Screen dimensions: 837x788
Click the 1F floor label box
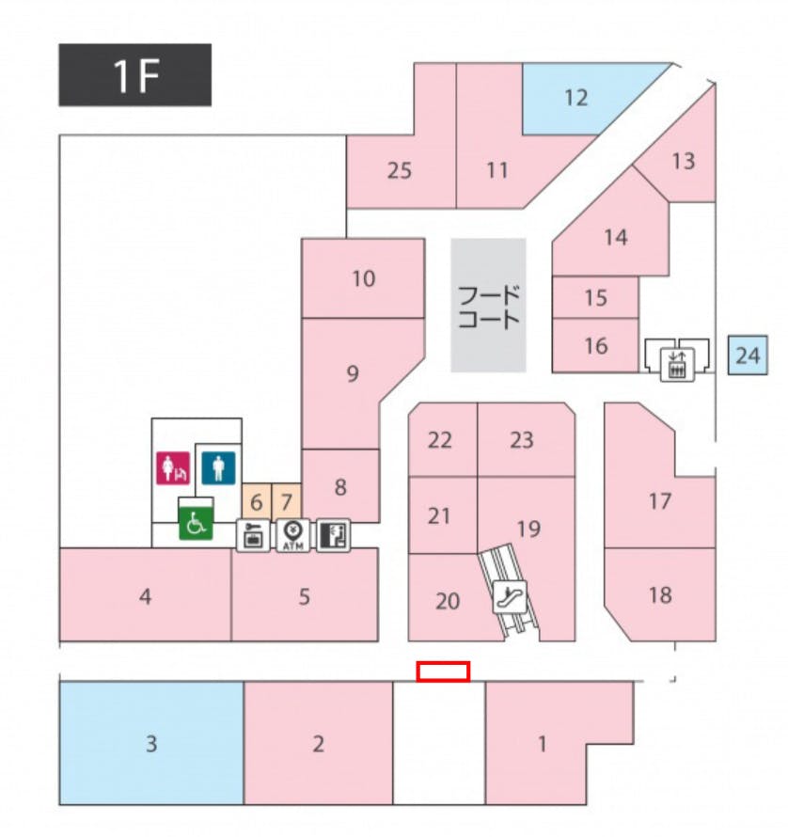pos(134,75)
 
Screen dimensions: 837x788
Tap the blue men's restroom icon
pos(219,467)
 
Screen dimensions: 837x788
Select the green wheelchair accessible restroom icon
pos(196,523)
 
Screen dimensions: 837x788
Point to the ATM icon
pos(292,535)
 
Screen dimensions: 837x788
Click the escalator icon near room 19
pos(511,595)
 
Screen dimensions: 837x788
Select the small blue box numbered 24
pos(748,355)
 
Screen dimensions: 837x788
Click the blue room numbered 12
pos(576,97)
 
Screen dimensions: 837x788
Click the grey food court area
pos(488,305)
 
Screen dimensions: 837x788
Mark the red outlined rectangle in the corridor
pos(443,671)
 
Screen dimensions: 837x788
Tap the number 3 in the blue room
pos(151,745)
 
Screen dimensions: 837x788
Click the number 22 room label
pos(440,439)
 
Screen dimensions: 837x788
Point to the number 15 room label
pos(595,298)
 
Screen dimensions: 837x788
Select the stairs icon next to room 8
pos(333,535)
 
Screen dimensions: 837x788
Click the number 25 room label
pos(400,171)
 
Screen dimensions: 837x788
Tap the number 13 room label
pos(684,161)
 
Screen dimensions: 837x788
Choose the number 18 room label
pos(660,594)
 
